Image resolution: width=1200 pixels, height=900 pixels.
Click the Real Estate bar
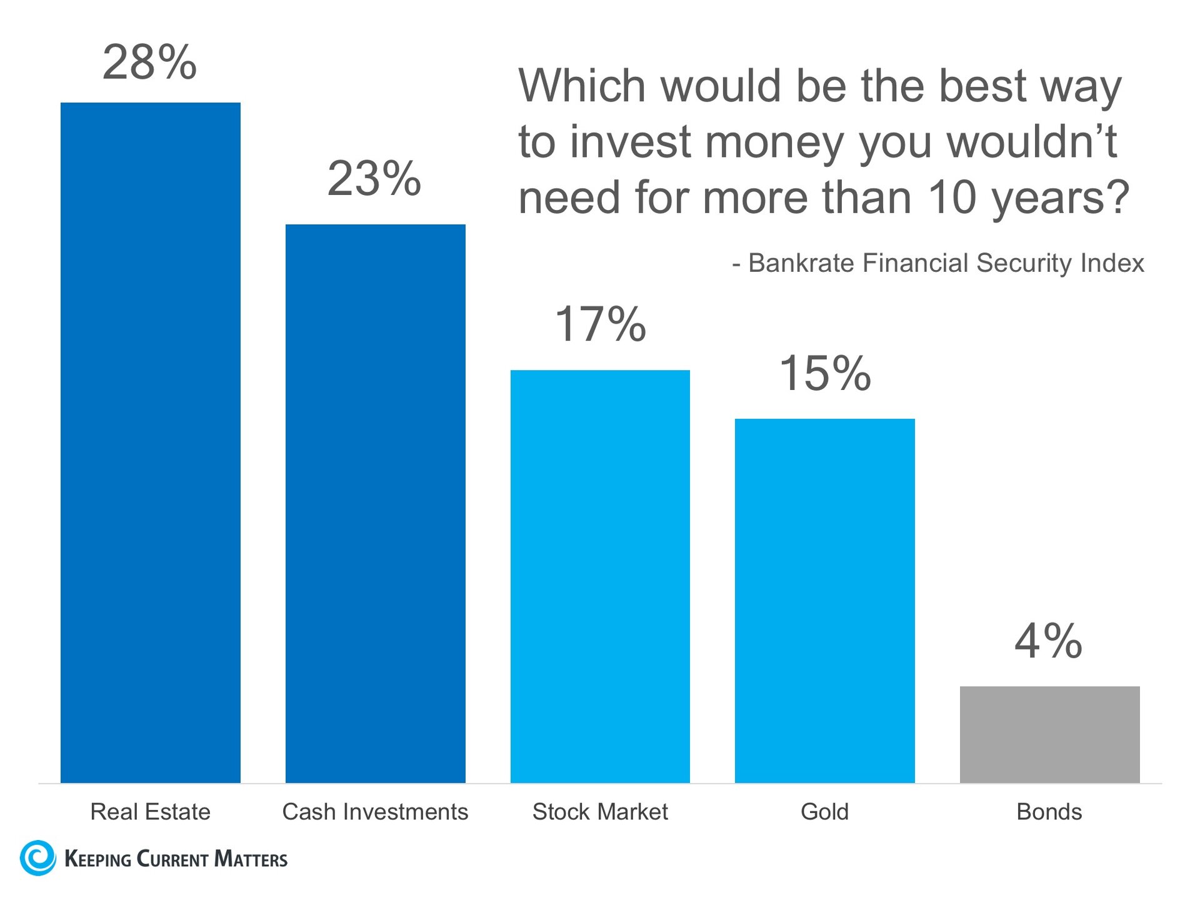click(150, 442)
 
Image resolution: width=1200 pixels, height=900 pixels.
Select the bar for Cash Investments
click(375, 503)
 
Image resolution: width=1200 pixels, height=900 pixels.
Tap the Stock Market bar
click(600, 576)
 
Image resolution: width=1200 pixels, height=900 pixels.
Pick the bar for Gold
click(824, 601)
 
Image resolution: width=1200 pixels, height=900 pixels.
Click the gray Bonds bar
click(1049, 734)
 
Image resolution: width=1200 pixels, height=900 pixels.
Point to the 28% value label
click(149, 62)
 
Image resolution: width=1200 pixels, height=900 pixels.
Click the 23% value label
click(374, 179)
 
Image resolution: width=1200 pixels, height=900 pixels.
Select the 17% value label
click(600, 324)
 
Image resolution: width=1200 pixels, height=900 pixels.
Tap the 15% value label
click(825, 374)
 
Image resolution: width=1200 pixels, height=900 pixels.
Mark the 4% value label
click(1048, 641)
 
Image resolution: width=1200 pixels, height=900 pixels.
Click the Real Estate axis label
click(150, 812)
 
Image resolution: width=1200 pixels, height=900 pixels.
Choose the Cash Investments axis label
click(375, 812)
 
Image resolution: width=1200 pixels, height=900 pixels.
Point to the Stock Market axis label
click(600, 812)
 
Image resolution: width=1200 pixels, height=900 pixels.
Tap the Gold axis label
click(824, 812)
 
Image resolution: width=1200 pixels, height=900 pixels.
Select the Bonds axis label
click(1049, 812)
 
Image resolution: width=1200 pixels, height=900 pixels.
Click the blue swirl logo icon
click(38, 857)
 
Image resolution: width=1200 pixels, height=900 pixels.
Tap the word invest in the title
click(631, 142)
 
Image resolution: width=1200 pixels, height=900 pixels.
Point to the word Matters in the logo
click(251, 859)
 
